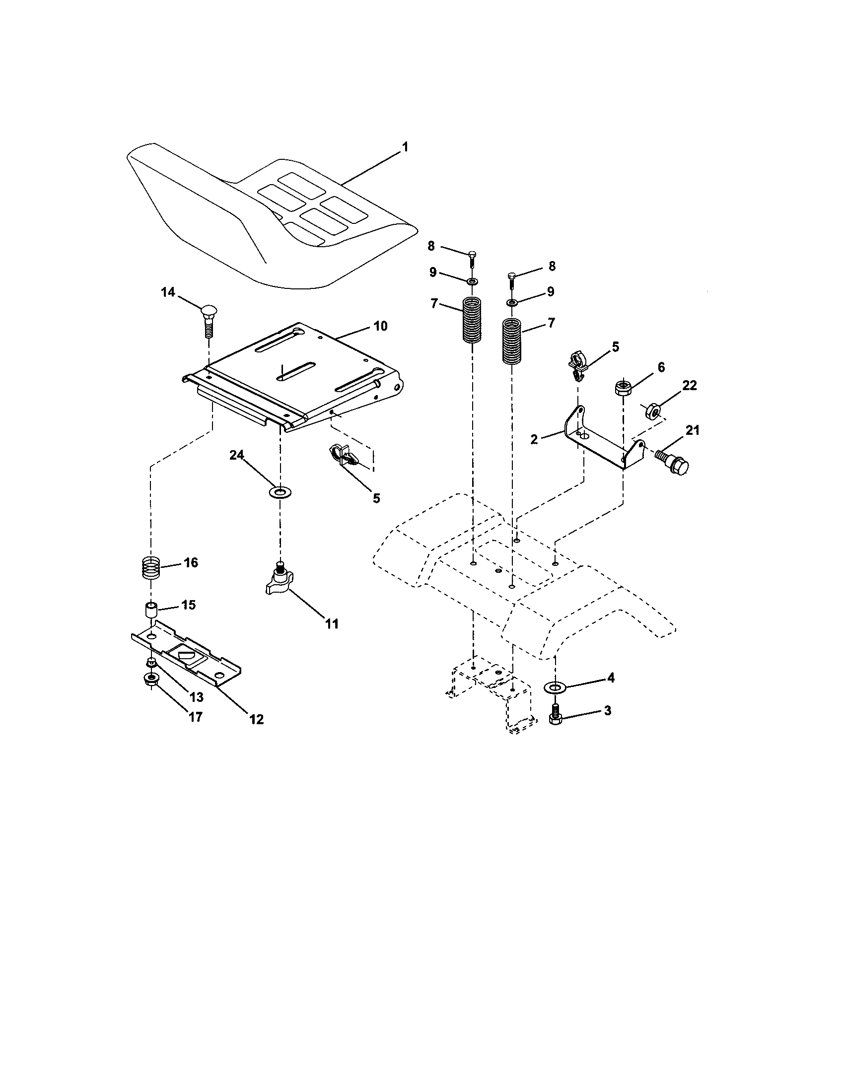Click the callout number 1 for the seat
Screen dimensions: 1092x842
(405, 147)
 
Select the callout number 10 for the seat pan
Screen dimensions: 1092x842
(380, 326)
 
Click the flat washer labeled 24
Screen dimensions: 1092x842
(280, 493)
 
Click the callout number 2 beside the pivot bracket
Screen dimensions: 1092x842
(534, 440)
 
